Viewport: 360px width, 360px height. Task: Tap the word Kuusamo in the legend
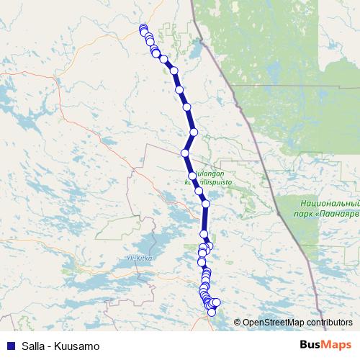78,346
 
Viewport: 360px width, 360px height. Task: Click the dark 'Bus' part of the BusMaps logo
312,346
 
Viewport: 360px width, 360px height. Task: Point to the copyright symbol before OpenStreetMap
238,323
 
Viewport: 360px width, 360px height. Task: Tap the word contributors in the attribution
327,323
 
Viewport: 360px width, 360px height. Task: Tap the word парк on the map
304,214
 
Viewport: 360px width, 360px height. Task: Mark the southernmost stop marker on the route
212,312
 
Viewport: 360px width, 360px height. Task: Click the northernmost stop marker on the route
143,28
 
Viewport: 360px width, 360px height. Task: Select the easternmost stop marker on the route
216,302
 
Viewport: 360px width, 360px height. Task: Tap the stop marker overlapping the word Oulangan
192,175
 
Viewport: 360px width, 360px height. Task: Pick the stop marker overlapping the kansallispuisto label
199,191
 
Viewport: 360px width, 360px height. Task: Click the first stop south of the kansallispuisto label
206,204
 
